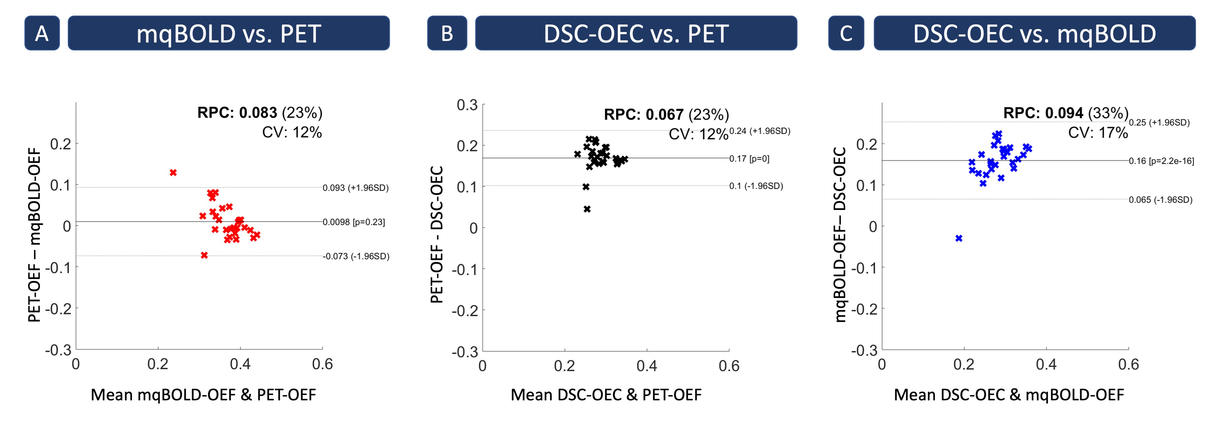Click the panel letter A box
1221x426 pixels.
coord(42,33)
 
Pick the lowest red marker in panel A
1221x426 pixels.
coord(204,255)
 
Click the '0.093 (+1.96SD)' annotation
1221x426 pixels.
coord(355,188)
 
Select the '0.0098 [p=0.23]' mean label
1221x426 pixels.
coord(354,222)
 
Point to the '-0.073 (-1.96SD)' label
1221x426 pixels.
coord(356,256)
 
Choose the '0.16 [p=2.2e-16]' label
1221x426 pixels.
coord(1161,161)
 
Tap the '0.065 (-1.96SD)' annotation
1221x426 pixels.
coord(1160,200)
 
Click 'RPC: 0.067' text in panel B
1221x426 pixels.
coord(643,115)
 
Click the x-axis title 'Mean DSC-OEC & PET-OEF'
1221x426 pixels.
coord(606,395)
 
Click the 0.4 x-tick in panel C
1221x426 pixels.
coord(1046,364)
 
